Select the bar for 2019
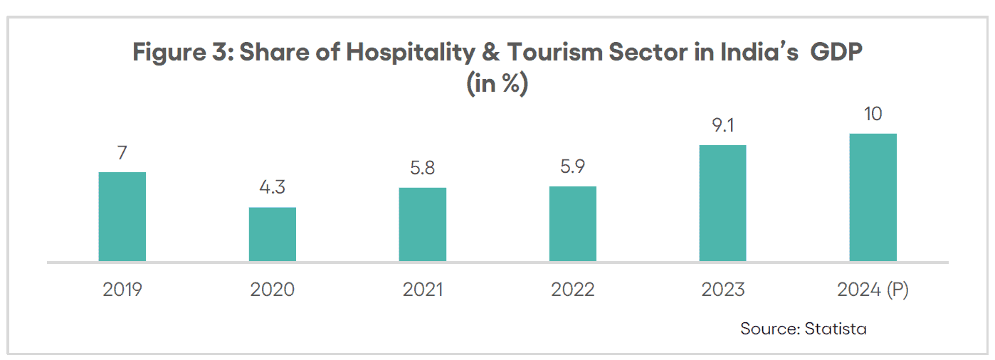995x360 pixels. click(x=122, y=216)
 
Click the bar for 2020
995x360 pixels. click(x=272, y=234)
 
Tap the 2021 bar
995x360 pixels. click(x=422, y=224)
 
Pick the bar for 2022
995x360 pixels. click(x=572, y=223)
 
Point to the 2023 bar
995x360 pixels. click(x=722, y=203)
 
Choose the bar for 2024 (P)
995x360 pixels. click(x=873, y=197)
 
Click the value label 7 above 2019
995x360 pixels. click(x=122, y=153)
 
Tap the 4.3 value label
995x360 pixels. click(x=272, y=189)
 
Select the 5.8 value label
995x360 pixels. click(x=422, y=169)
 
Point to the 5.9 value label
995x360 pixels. click(x=572, y=168)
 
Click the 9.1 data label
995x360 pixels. click(x=722, y=126)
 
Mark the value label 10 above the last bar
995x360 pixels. click(x=873, y=115)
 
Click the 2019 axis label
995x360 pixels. click(x=122, y=290)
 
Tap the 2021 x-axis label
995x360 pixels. click(x=423, y=290)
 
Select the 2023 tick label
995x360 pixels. click(x=722, y=290)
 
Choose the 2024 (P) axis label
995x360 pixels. click(x=873, y=290)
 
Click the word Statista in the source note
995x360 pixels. click(x=836, y=329)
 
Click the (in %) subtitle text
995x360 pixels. click(x=497, y=84)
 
